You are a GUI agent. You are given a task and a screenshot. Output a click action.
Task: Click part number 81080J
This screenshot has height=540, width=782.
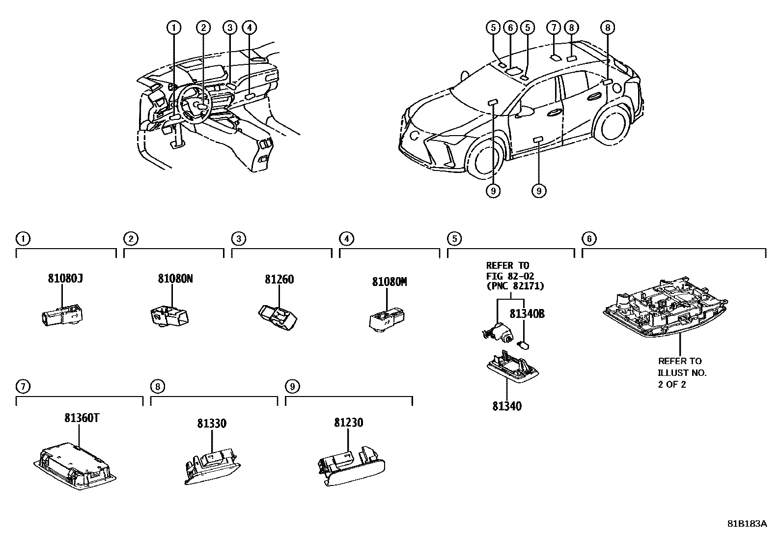point(65,278)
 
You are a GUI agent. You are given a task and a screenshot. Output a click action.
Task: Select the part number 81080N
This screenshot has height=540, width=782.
point(175,278)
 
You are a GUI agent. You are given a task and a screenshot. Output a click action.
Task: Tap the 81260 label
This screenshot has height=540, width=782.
point(279,279)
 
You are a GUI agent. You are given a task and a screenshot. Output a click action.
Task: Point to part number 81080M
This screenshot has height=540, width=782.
point(390,282)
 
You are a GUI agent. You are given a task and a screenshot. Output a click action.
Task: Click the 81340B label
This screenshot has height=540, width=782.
point(527,313)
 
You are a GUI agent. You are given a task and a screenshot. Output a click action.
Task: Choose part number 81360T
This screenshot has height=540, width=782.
point(82,418)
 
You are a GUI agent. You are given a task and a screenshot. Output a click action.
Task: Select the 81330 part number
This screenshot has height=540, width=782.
point(212,423)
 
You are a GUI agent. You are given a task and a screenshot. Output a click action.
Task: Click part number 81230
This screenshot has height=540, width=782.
point(349,423)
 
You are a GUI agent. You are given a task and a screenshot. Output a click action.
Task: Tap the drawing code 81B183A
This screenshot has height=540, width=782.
point(747,523)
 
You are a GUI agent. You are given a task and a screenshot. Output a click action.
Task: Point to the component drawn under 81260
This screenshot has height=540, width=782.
point(277,316)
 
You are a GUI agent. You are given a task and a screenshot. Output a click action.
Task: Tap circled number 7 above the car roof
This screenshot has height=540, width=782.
point(554,28)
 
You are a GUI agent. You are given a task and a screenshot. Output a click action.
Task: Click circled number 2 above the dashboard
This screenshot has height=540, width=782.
point(203,28)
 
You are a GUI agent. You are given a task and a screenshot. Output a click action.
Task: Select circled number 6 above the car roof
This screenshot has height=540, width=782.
point(510,28)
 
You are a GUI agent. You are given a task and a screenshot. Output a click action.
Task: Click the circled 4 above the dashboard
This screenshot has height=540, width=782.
point(250,28)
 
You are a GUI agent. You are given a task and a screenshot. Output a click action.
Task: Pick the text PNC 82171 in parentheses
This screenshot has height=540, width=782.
point(515,286)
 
